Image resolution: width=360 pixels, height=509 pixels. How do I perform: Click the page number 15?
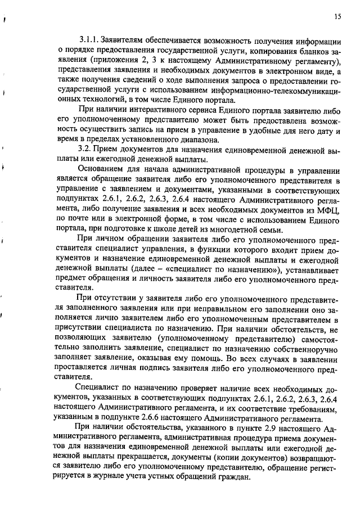337,16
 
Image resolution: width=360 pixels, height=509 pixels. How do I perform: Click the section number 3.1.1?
89,40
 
